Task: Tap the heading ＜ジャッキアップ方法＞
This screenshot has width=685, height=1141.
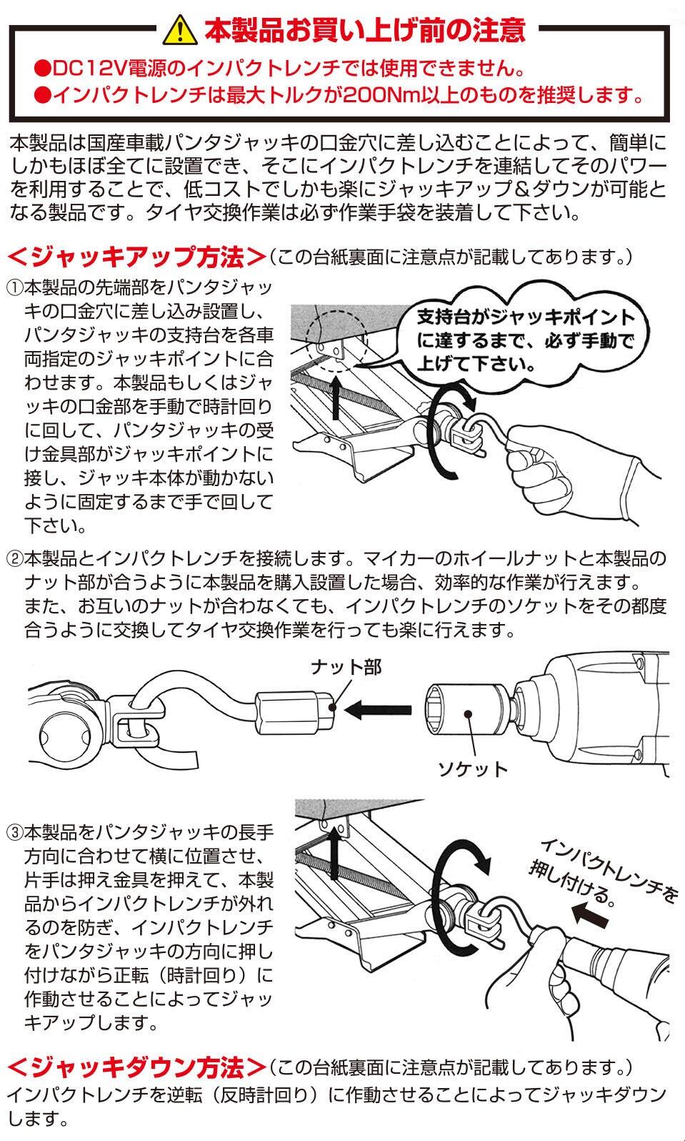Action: (x=136, y=256)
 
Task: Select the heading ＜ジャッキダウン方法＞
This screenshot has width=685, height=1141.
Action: (x=136, y=1068)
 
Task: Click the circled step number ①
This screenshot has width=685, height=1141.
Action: (x=15, y=289)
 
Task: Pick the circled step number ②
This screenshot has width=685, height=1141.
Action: (x=15, y=558)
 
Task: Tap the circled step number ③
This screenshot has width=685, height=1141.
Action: (x=15, y=834)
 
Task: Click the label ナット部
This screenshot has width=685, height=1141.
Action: (x=346, y=667)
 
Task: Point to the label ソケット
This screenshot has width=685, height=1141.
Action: (x=472, y=769)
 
